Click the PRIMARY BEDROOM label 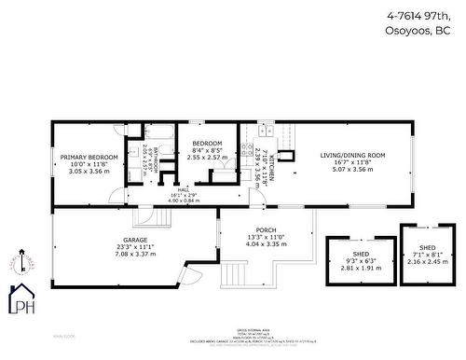[89, 158]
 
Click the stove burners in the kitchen [247, 148]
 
